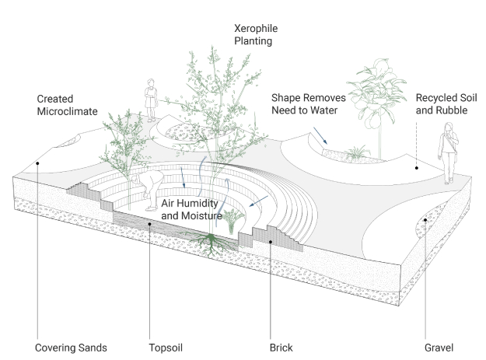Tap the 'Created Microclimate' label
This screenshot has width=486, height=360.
click(67, 106)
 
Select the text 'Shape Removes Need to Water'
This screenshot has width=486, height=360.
click(306, 105)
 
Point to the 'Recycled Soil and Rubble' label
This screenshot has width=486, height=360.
click(445, 105)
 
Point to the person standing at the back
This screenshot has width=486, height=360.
click(149, 100)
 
